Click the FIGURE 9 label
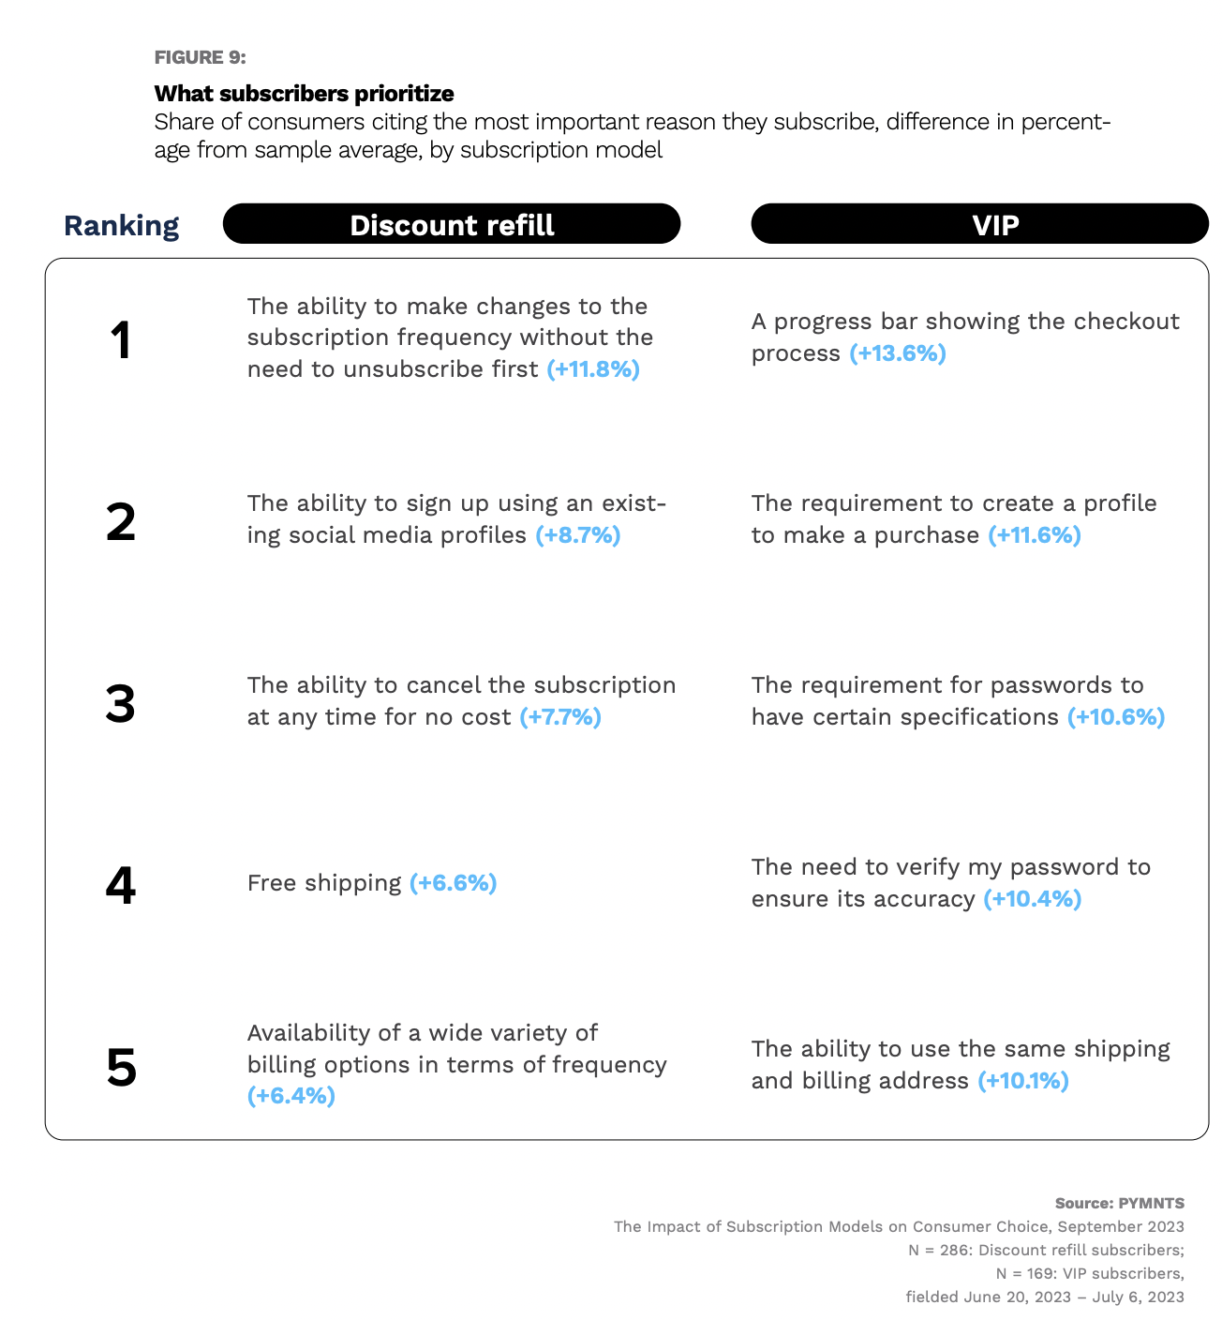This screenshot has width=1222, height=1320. point(200,57)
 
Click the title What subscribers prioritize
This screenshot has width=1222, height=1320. point(304,94)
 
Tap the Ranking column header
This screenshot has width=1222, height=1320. point(121,226)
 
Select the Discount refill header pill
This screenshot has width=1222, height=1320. point(452,225)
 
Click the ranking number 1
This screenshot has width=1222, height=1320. point(121,340)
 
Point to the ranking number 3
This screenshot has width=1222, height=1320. point(121,704)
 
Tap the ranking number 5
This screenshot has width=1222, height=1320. point(121,1068)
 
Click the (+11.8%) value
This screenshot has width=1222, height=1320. point(593,369)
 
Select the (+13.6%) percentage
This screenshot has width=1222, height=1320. point(898,353)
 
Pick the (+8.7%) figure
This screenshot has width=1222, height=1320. point(578,535)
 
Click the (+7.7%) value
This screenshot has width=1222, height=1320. point(560,717)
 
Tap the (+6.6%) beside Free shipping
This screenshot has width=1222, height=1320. point(454,883)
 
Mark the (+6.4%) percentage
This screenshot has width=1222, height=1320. point(291,1096)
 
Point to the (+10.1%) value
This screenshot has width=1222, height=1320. point(1023,1081)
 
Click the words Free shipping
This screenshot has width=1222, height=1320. point(324,883)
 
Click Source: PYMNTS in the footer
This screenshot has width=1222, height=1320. point(1119,1203)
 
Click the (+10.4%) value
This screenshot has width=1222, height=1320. point(1033,899)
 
